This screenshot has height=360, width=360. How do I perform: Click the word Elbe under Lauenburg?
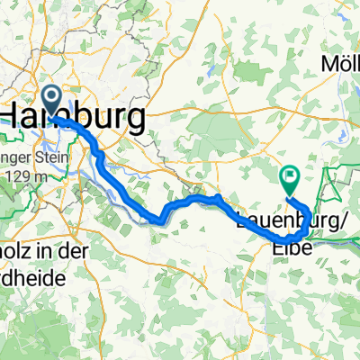point(291,241)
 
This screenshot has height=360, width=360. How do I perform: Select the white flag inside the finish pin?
point(290,176)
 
